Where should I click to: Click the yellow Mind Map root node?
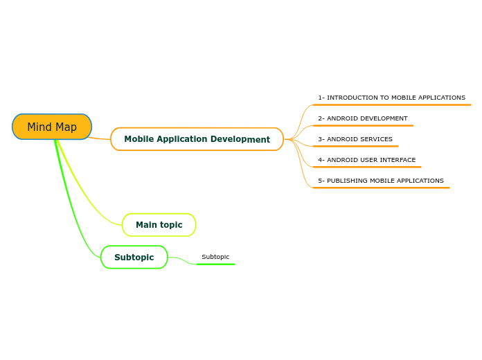52,127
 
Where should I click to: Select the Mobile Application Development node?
197,139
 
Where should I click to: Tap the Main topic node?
159,225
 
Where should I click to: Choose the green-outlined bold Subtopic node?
134,258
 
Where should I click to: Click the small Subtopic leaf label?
215,257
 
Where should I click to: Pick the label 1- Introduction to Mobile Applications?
391,98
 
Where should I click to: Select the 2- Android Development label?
362,118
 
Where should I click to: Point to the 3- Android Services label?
355,139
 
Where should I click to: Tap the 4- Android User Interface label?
366,160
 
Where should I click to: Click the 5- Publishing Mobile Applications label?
380,181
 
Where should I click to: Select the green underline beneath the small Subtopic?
215,264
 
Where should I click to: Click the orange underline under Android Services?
355,146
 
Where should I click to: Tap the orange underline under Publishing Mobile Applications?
381,188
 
